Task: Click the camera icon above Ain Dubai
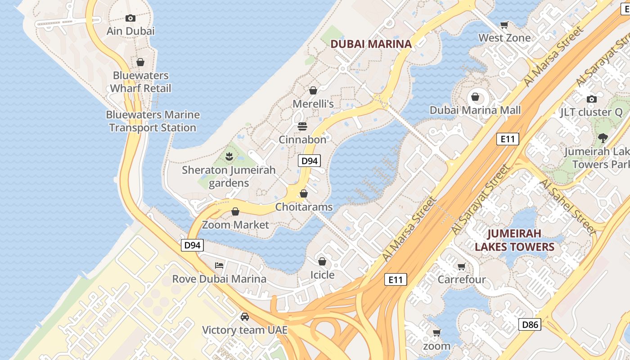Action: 130,18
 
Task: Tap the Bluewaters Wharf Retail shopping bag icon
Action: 140,62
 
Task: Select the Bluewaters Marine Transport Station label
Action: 153,121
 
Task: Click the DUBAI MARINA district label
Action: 371,44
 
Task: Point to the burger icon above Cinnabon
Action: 302,126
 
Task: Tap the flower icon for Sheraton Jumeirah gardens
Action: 229,157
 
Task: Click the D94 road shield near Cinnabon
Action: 309,161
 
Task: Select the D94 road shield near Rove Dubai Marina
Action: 193,245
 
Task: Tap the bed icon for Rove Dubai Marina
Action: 219,265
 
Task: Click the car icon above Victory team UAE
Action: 245,317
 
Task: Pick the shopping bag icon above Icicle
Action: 322,261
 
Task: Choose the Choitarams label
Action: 304,207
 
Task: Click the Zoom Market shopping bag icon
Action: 235,211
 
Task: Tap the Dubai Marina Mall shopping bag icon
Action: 475,97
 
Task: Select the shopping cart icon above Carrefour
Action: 461,267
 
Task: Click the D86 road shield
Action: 529,324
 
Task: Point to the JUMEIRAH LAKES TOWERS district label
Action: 514,240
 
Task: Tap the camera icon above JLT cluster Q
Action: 592,99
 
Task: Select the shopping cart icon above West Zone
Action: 504,25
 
